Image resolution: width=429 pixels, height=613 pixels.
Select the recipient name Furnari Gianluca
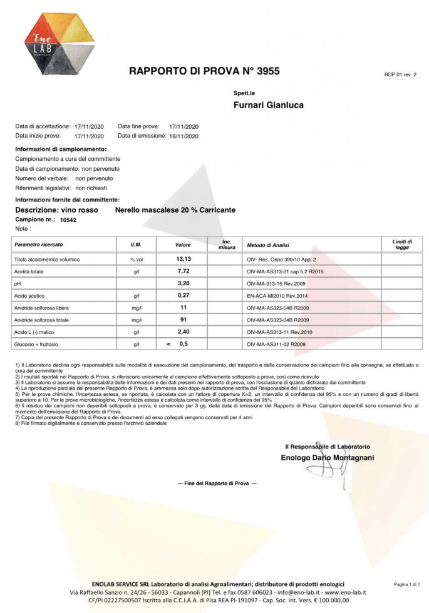268,105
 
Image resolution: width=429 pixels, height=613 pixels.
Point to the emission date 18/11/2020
183,136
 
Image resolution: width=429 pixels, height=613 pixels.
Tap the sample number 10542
68,220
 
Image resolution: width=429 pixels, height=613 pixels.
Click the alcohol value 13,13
183,258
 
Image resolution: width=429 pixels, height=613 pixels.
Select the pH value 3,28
183,283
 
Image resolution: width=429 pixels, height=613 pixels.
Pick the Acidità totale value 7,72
183,271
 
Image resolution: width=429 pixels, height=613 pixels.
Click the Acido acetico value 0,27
183,295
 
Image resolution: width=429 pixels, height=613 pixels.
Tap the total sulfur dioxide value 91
183,319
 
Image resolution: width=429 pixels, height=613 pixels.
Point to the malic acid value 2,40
183,331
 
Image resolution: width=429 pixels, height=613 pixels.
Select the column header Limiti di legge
401,244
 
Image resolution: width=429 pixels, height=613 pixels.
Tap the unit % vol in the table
137,259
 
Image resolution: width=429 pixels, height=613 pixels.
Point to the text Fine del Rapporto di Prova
217,484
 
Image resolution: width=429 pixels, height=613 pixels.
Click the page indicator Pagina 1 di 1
406,584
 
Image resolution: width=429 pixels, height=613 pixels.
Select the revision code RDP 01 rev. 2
400,74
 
